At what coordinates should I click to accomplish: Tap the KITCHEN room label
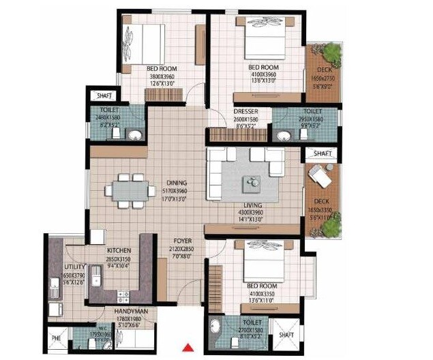[x=119, y=251]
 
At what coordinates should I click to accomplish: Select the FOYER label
[x=181, y=241]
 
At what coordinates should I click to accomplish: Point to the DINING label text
[x=177, y=183]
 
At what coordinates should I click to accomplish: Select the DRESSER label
[x=245, y=111]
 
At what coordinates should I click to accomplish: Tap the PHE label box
[x=55, y=337]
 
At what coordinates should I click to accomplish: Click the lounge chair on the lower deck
[x=318, y=176]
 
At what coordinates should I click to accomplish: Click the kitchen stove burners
[x=123, y=296]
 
